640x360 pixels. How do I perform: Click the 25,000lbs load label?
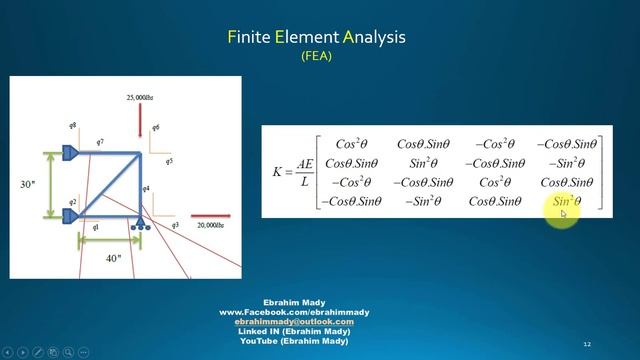(x=141, y=98)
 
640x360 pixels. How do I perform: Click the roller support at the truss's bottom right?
(x=143, y=222)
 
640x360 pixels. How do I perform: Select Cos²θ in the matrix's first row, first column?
(x=352, y=143)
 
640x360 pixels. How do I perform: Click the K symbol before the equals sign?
(x=278, y=172)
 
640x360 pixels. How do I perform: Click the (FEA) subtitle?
(x=319, y=58)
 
